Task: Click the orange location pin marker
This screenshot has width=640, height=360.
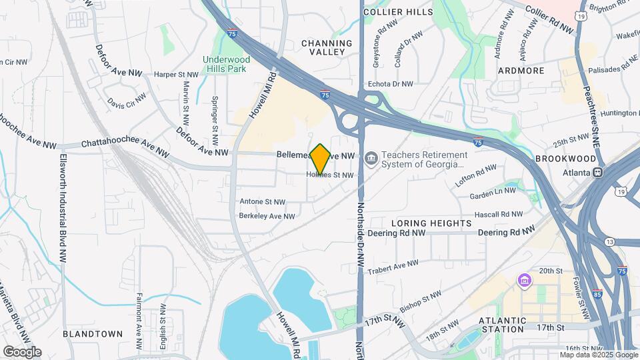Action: [x=320, y=159]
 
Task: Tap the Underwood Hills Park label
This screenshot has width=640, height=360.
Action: [x=225, y=63]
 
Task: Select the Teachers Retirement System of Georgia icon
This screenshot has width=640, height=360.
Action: [x=371, y=159]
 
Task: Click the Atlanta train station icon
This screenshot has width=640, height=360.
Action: [x=598, y=172]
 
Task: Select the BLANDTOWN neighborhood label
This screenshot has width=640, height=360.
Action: [x=93, y=333]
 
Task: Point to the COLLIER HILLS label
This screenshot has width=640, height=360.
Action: [x=394, y=11]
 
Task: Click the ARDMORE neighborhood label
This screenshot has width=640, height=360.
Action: [x=521, y=70]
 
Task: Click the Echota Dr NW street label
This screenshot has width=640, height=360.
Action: [x=391, y=84]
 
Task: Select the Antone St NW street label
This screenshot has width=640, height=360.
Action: [x=262, y=201]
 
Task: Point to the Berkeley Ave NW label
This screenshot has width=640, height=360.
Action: [x=267, y=216]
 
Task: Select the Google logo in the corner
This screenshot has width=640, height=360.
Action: [x=22, y=352]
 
